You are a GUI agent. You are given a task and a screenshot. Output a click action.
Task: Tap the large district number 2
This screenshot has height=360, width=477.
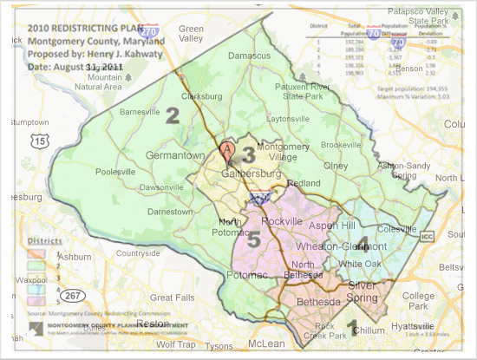click(x=173, y=115)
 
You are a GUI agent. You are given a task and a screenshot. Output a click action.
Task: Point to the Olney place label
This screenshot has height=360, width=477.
click(x=336, y=163)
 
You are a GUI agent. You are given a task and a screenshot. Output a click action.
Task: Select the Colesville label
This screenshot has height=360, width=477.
click(x=398, y=230)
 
